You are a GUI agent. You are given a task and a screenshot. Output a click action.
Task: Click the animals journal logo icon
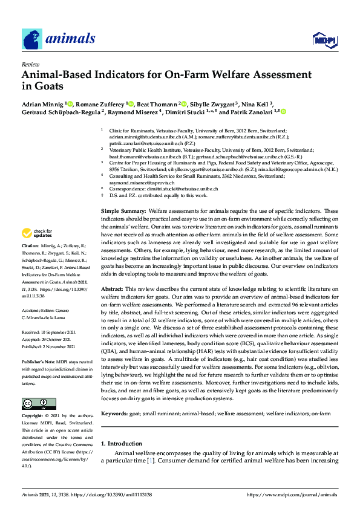[x=33, y=39]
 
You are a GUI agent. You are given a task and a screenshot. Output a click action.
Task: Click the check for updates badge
[x=38, y=233]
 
